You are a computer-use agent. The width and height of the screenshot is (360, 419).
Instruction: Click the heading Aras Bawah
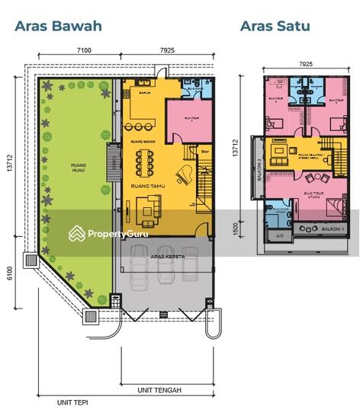pyautogui.click(x=58, y=26)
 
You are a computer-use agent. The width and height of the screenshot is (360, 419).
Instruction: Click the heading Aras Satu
pyautogui.click(x=275, y=26)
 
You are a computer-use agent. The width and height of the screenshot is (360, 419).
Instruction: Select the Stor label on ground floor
pyautogui.click(x=204, y=152)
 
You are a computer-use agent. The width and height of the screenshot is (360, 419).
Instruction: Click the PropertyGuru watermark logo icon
pyautogui.click(x=76, y=233)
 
